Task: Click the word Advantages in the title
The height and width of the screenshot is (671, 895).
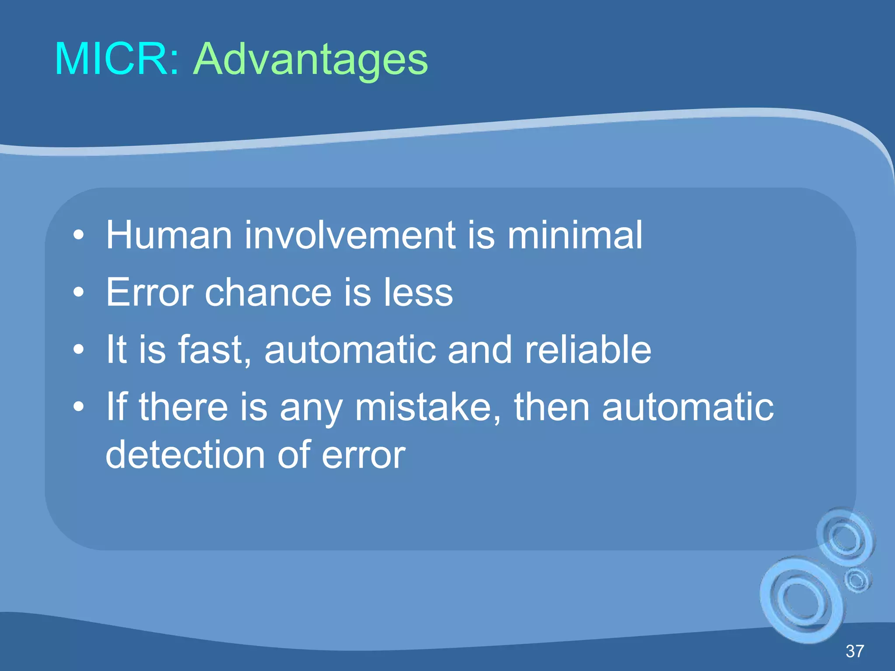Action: [310, 60]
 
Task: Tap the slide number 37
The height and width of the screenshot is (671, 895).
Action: [855, 651]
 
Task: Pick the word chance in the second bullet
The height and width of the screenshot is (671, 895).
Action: [268, 292]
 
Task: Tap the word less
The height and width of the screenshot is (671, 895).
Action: [418, 292]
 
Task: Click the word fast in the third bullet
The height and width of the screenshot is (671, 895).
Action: [214, 349]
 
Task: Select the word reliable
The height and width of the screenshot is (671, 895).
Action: [588, 349]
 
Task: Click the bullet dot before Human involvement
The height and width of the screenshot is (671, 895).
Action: [78, 236]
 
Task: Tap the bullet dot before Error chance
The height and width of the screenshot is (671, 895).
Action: [78, 293]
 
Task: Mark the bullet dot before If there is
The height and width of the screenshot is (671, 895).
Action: [78, 407]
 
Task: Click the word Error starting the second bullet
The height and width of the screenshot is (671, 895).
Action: [149, 292]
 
